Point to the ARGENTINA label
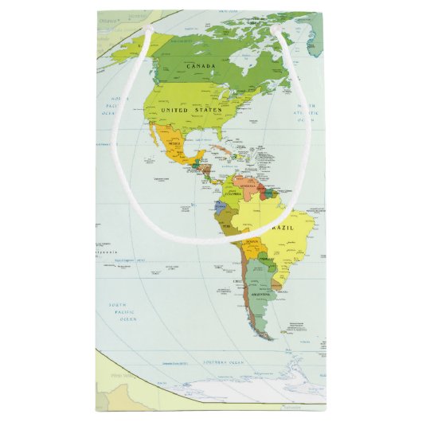coord(262,295)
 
